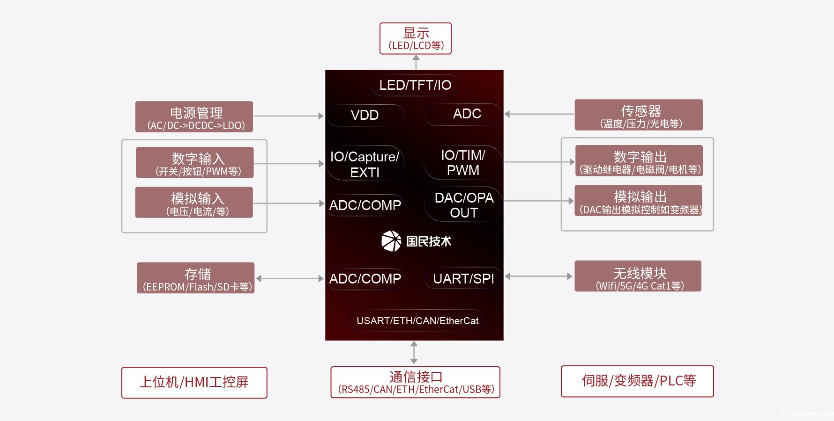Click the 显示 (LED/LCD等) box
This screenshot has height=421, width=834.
click(x=415, y=39)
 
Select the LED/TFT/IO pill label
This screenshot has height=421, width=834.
click(x=415, y=85)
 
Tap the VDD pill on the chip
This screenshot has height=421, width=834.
click(x=365, y=115)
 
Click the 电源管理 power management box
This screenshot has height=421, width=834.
click(x=194, y=117)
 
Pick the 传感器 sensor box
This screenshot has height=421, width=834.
click(x=639, y=115)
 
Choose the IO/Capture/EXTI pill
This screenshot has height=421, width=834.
click(x=365, y=164)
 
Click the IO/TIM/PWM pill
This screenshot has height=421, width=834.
click(x=463, y=163)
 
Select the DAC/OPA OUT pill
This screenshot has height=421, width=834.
click(x=463, y=205)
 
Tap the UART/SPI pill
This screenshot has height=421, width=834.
click(x=463, y=279)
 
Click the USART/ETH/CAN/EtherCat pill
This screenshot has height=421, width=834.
click(x=417, y=321)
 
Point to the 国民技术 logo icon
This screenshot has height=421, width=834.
click(x=391, y=241)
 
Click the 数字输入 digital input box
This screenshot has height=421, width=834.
click(x=195, y=163)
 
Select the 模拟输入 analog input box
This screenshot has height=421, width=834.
click(x=194, y=203)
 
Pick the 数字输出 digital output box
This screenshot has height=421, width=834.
click(x=639, y=161)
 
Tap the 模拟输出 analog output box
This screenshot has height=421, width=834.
click(x=639, y=201)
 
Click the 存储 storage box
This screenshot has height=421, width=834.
click(x=196, y=278)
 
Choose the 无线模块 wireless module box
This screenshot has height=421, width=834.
click(x=638, y=276)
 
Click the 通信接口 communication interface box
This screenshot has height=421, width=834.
click(x=415, y=383)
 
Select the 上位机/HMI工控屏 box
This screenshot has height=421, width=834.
click(x=194, y=383)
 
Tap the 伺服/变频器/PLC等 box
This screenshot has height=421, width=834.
click(x=637, y=381)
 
